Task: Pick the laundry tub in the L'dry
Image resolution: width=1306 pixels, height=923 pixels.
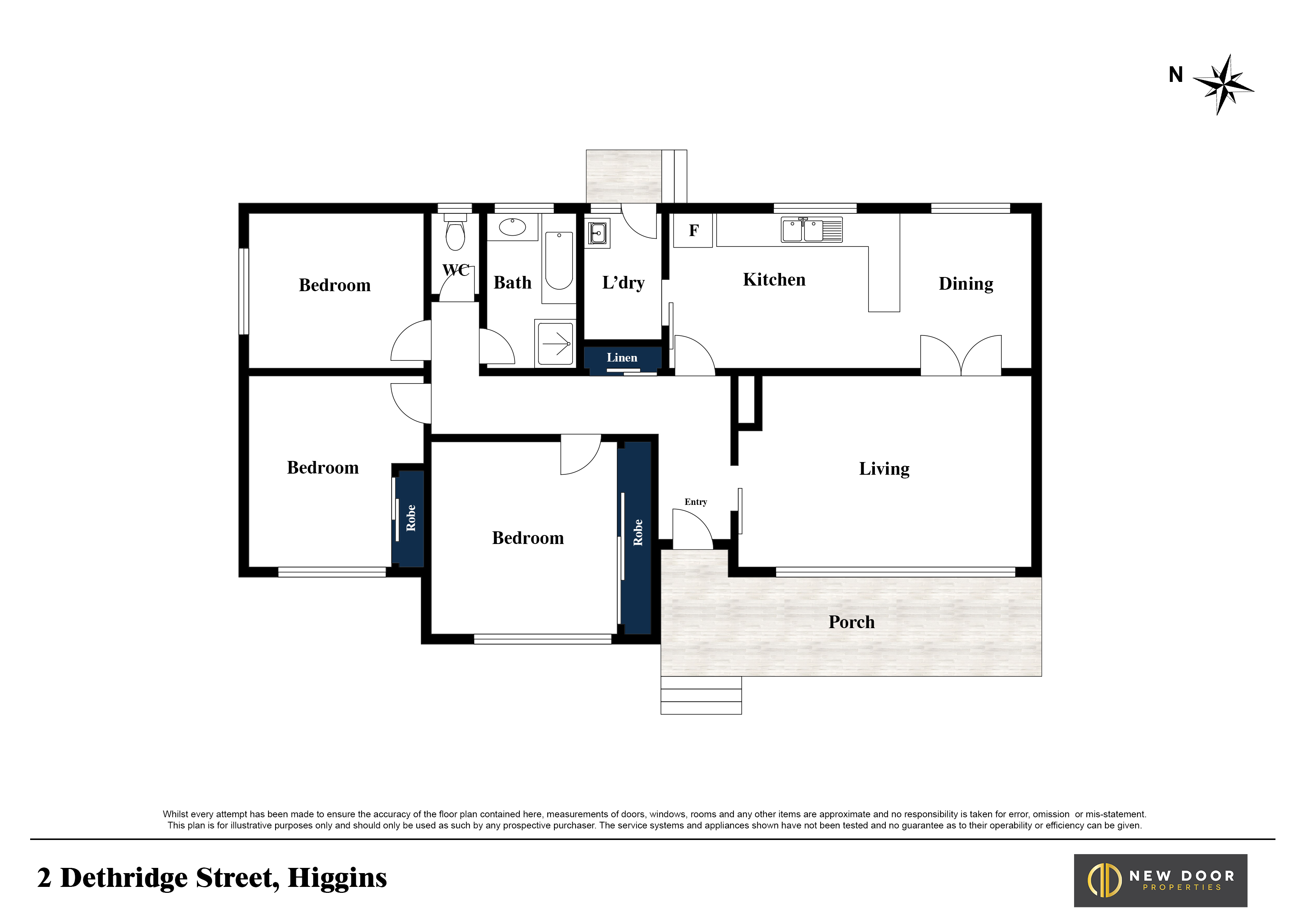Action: (x=597, y=233)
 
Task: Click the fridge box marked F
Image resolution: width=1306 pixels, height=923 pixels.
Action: (x=693, y=230)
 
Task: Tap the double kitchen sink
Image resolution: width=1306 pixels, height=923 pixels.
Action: (x=812, y=230)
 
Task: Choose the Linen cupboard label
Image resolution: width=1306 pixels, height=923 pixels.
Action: (x=622, y=358)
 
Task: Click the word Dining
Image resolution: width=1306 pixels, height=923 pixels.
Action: (x=966, y=284)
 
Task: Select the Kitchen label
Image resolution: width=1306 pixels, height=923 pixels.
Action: (x=774, y=280)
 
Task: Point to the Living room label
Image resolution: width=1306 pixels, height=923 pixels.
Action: (x=884, y=469)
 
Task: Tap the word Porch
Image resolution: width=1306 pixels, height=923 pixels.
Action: (x=851, y=622)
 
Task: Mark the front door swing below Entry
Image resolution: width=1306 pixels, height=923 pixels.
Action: (x=692, y=529)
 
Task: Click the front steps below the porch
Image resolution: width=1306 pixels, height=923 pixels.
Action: (x=701, y=695)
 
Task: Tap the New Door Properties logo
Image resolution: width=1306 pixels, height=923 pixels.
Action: (x=1160, y=880)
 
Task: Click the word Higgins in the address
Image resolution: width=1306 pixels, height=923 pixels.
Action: (x=337, y=878)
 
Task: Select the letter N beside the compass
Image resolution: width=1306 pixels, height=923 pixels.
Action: (x=1176, y=74)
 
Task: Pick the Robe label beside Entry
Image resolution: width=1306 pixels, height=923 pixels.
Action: (x=638, y=532)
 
